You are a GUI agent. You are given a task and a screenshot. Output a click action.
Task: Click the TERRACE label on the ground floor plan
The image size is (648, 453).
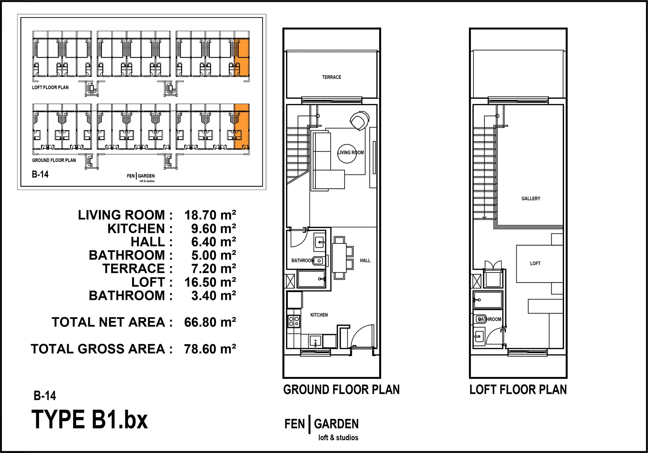(x=331, y=77)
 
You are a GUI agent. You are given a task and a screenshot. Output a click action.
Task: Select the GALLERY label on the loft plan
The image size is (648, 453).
(x=531, y=198)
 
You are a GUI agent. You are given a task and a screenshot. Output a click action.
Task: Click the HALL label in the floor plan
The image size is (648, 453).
(x=365, y=260)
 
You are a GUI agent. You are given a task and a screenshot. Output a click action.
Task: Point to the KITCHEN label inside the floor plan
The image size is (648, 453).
(x=319, y=315)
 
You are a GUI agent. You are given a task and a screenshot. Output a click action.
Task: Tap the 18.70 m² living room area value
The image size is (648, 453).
(x=210, y=215)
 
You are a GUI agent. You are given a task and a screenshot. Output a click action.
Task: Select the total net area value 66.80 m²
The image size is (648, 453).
(x=210, y=322)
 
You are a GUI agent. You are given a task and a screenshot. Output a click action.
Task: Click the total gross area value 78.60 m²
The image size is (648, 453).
(x=210, y=349)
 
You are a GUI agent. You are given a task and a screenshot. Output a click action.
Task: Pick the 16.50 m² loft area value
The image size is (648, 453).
(x=210, y=282)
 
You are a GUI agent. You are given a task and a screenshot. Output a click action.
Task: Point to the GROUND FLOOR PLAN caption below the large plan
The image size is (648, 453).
(x=341, y=390)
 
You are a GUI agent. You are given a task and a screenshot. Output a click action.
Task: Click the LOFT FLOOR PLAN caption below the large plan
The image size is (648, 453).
(x=518, y=390)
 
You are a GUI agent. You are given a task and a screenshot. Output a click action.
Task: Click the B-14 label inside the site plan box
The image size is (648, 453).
(x=40, y=174)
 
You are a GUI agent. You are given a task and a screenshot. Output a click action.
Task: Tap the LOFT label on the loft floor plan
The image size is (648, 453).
(x=535, y=263)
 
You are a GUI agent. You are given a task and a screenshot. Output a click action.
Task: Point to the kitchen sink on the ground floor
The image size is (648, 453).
(x=315, y=341)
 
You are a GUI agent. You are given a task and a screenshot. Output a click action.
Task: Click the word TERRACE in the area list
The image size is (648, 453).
(x=134, y=269)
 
